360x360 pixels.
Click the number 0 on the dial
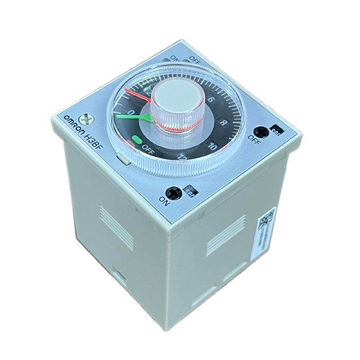(x=130, y=112)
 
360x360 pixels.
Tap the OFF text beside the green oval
(x=149, y=149)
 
